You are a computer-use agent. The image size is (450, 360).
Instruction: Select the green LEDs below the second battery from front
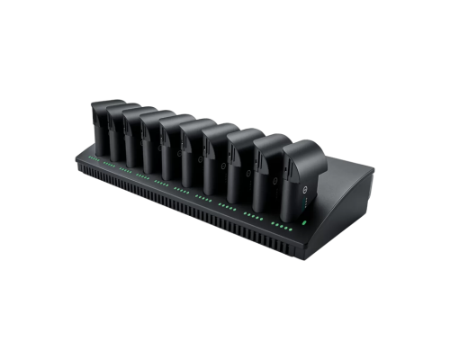click(256, 216)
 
